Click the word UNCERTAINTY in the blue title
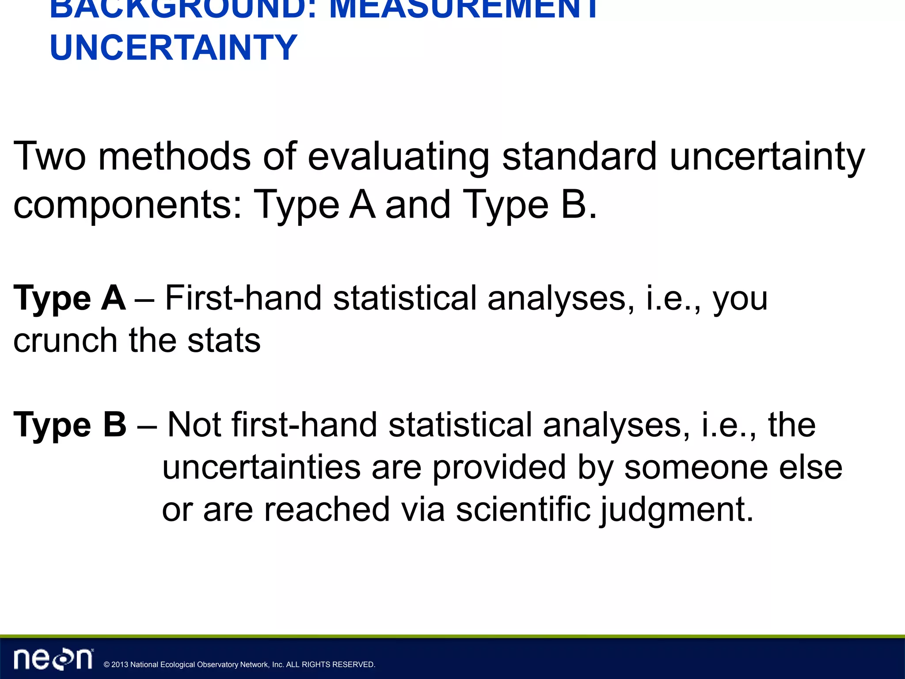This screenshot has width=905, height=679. pos(173,47)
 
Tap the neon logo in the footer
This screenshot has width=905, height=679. pos(53,659)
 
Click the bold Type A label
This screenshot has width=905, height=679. pos(70,298)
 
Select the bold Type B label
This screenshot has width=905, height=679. pos(70,425)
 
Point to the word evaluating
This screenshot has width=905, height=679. pos(399,157)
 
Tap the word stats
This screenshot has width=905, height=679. pos(224,340)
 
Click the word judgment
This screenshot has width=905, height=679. pos(677,510)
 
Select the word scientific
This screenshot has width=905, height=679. pos(523,509)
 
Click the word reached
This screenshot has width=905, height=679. pos(327,509)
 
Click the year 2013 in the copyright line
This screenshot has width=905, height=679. pos(120,664)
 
